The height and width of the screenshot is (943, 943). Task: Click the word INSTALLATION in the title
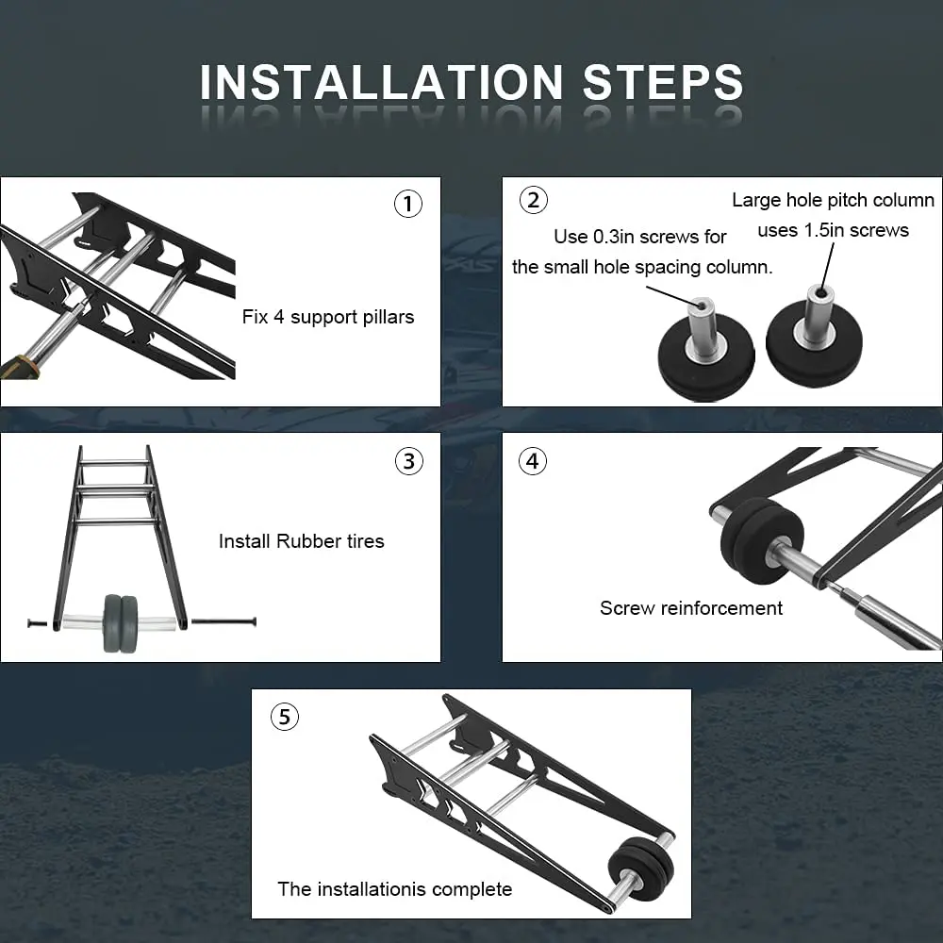(x=381, y=82)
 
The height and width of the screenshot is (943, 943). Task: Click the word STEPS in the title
(x=663, y=82)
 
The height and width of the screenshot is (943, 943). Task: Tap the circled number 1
(x=408, y=204)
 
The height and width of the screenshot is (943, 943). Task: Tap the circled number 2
(x=534, y=200)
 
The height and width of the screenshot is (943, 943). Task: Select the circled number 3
(x=409, y=461)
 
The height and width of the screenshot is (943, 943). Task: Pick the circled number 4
(x=533, y=461)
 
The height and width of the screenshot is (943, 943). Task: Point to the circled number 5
(x=285, y=717)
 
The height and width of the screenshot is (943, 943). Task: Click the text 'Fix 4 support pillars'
(x=328, y=317)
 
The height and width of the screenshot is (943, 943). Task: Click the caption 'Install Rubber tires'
(x=302, y=540)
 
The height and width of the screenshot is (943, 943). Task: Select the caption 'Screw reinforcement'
(x=691, y=608)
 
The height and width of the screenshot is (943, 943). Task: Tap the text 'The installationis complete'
(x=394, y=889)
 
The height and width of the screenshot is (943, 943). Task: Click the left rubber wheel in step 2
(x=706, y=357)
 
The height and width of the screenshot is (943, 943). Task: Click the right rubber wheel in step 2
(x=815, y=344)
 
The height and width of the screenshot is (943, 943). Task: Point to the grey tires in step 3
(x=121, y=623)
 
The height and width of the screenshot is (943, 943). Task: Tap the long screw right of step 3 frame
(x=223, y=621)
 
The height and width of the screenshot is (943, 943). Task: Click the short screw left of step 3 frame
(x=38, y=623)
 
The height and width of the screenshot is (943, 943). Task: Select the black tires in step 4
(x=762, y=540)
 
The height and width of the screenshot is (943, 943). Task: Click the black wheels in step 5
(x=641, y=869)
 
